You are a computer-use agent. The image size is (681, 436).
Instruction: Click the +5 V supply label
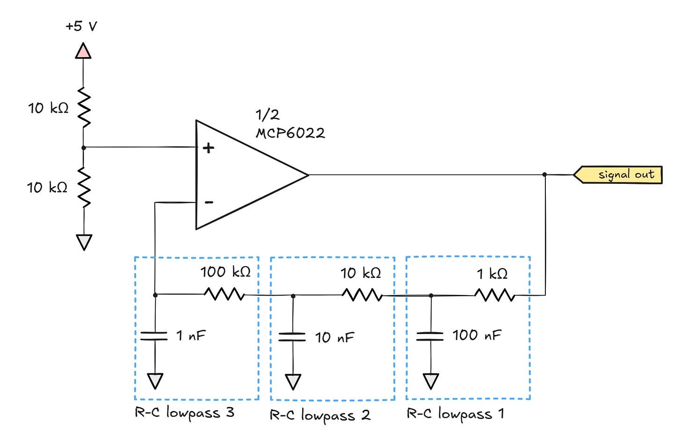pos(81,26)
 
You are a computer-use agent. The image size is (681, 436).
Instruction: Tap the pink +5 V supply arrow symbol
pos(83,51)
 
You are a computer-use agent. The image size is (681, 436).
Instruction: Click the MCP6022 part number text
pos(290,133)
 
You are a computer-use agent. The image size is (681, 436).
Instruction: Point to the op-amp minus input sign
pos(209,202)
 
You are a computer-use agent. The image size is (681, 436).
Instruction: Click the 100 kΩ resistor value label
pos(225,272)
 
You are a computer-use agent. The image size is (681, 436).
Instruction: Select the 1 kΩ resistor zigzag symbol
pos(495,295)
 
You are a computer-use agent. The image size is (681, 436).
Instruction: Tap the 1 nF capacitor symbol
pos(154,335)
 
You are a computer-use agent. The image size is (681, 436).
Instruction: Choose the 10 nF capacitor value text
pos(334,337)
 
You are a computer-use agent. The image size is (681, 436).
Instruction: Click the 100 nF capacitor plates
pos(430,336)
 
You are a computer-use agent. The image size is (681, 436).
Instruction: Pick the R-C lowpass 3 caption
pos(184,413)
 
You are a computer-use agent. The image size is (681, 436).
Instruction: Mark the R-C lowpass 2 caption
pos(320,415)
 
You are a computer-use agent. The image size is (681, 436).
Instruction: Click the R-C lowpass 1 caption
pos(455,414)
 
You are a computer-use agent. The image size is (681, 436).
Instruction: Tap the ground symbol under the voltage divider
pos(84,242)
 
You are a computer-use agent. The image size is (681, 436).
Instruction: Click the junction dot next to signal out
pos(544,174)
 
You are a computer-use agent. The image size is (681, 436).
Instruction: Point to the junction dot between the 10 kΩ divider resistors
pos(84,147)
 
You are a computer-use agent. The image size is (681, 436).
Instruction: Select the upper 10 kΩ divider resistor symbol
pos(84,108)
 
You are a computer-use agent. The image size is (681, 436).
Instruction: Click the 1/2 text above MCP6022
pos(267,115)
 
